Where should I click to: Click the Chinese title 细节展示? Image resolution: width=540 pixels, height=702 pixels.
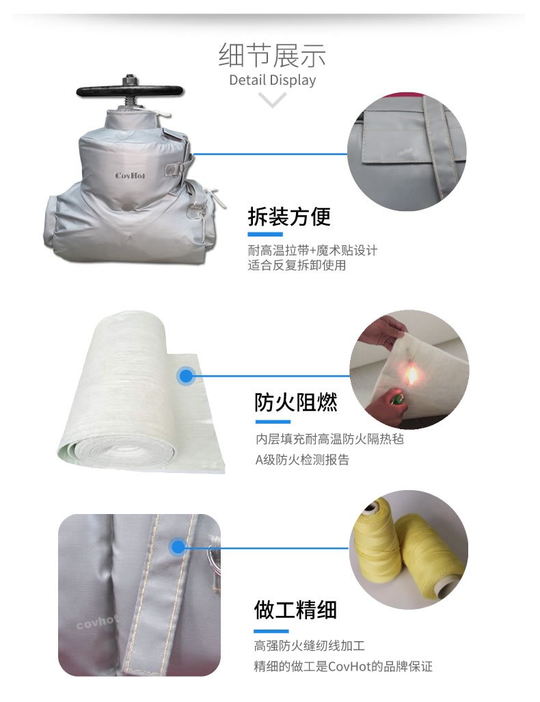point(272,55)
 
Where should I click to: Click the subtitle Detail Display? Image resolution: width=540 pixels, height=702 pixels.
point(272,80)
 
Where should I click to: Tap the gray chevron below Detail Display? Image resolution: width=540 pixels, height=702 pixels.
point(273,101)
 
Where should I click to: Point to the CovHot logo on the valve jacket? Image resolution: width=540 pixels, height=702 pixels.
point(130,175)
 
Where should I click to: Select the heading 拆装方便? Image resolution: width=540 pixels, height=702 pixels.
point(288,217)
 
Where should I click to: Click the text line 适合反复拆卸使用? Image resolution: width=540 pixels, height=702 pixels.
point(297,265)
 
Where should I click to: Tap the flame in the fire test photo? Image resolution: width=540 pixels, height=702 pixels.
point(412,374)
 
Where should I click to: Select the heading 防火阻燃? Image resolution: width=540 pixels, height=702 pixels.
point(296,402)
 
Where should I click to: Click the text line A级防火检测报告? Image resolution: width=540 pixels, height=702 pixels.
point(302,460)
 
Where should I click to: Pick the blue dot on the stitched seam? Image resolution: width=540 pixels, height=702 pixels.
point(178,547)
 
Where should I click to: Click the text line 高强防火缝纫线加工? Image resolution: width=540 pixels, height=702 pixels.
point(310,645)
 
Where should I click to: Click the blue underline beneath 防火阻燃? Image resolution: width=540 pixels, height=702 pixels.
point(272,422)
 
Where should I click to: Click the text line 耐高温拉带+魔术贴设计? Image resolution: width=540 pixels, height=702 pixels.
point(312,250)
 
